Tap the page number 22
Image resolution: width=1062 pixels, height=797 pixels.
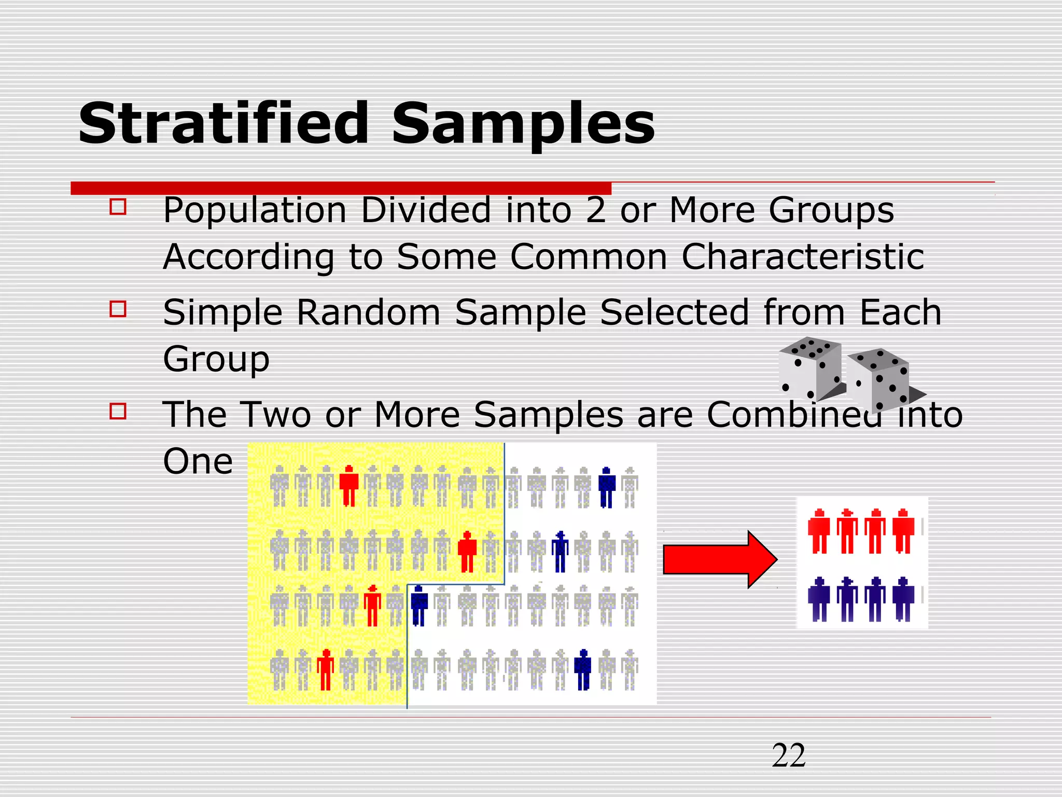point(789,755)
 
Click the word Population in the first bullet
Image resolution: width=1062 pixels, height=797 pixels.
point(255,211)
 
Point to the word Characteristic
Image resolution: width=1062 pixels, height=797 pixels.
point(802,257)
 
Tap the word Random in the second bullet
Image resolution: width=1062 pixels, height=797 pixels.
point(368,313)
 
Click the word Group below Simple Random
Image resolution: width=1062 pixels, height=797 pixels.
point(216,359)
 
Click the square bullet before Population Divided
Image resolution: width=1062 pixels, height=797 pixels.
point(118,207)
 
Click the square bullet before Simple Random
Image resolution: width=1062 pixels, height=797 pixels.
point(118,309)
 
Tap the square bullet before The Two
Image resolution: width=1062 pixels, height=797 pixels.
point(118,411)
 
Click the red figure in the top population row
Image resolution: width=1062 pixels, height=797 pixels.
point(349,486)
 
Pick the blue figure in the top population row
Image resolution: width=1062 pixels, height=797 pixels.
point(606,487)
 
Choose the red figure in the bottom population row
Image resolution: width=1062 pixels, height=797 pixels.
point(325,669)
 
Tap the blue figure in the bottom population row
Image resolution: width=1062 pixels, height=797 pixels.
point(583,669)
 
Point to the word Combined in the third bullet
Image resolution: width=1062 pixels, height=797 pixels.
point(794,415)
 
